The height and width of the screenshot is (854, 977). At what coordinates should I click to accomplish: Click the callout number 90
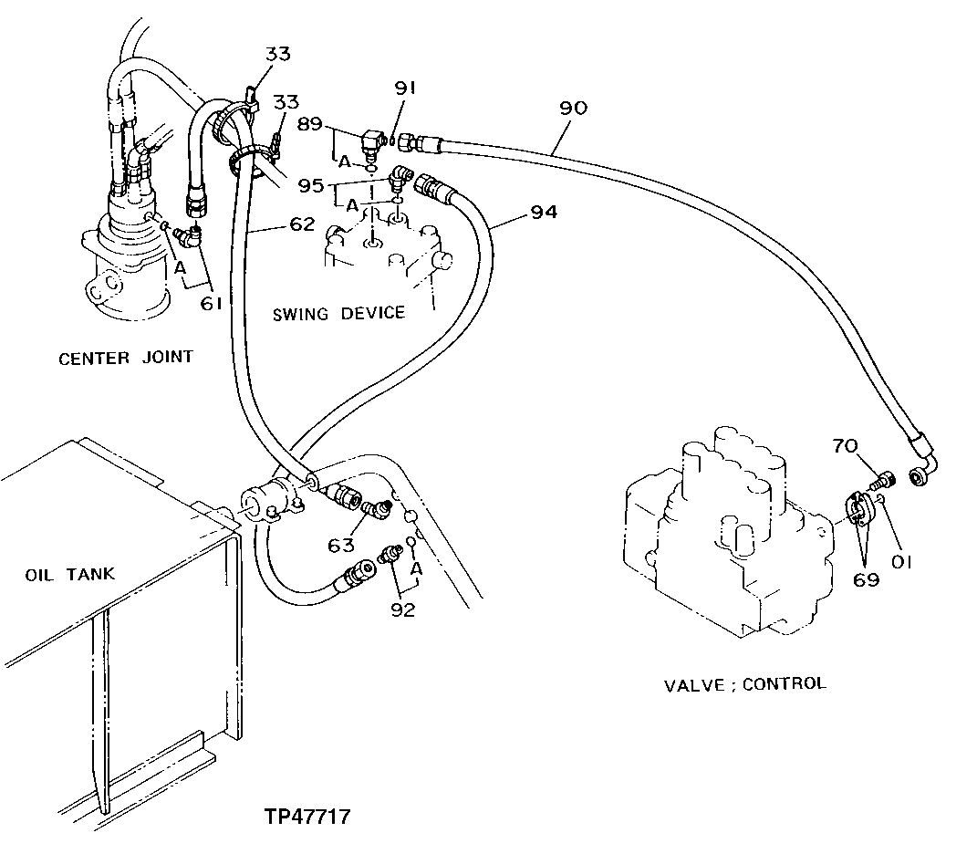pos(574,108)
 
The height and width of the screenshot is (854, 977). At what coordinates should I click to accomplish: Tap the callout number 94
pos(543,213)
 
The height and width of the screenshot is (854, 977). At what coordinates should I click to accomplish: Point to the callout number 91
pos(406,89)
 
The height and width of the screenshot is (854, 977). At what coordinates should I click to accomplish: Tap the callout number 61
pos(211,303)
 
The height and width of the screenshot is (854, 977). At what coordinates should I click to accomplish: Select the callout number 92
pos(401,609)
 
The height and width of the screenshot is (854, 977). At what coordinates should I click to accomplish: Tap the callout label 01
pos(901,562)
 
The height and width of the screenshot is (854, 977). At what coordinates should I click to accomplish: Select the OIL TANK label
pos(70,574)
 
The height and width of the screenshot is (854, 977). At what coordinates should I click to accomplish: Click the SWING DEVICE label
pos(338,313)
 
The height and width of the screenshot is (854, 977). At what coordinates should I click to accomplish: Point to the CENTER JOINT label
pos(126,357)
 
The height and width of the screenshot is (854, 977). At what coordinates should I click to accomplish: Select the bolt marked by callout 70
pos(881,478)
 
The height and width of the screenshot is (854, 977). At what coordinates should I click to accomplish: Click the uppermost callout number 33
pos(277,54)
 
